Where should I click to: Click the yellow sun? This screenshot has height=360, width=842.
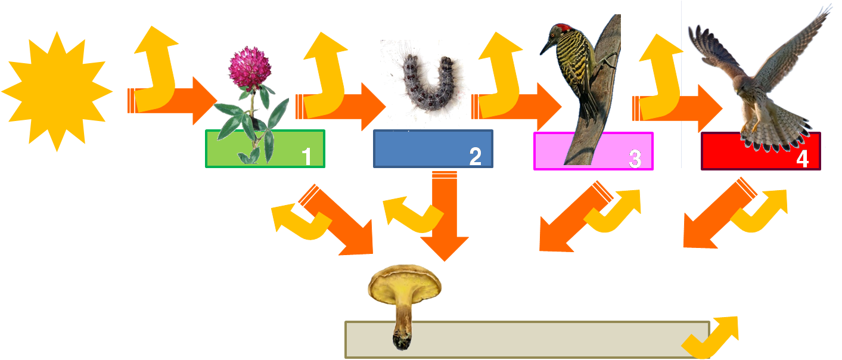point(57,91)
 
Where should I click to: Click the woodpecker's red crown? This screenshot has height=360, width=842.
point(561,29)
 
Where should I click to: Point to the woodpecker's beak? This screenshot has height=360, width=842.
point(546,46)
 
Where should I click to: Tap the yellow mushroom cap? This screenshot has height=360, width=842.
point(405,283)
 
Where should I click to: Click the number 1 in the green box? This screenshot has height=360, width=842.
point(306,157)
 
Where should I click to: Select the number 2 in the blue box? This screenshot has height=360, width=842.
point(475,157)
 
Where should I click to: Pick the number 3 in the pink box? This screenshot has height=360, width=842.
point(635,159)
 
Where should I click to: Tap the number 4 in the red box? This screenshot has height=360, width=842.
point(802,159)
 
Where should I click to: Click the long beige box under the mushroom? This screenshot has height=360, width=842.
point(536,339)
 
